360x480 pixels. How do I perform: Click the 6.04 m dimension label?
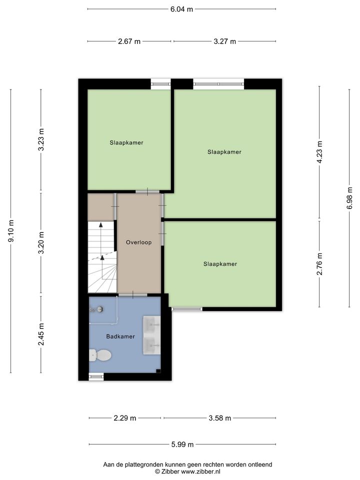tap(182, 9)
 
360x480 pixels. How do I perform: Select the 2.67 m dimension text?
tap(129, 41)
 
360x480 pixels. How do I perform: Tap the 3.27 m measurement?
tap(224, 41)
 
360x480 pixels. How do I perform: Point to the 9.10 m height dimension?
tap(11, 231)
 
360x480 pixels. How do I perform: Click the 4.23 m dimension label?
tap(319, 152)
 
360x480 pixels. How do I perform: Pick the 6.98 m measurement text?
tap(349, 198)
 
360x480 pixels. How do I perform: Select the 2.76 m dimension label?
tap(319, 264)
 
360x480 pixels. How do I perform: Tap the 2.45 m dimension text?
tap(41, 334)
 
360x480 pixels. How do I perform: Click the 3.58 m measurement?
tap(220, 418)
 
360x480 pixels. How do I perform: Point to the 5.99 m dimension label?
tap(182, 444)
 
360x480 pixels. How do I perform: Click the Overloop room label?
tap(138, 242)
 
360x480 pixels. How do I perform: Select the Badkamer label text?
tap(120, 336)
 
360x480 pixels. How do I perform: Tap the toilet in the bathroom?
tap(100, 355)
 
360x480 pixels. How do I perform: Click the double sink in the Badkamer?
tap(152, 335)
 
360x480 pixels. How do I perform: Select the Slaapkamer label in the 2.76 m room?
tap(220, 264)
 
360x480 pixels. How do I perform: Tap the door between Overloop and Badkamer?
tap(133, 295)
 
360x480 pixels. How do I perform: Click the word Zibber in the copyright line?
tap(170, 471)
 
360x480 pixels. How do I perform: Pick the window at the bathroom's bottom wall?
tap(96, 376)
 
